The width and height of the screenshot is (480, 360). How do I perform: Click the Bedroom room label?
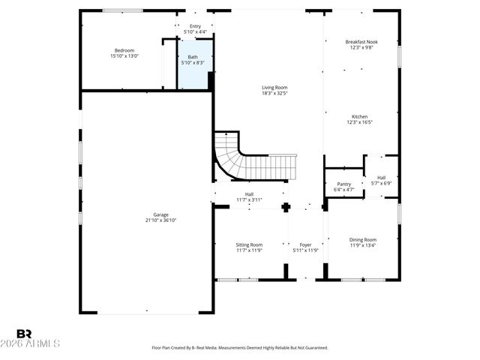pyautogui.click(x=124, y=50)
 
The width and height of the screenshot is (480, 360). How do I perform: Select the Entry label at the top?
pyautogui.click(x=195, y=26)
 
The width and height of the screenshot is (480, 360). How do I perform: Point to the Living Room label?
pyautogui.click(x=274, y=88)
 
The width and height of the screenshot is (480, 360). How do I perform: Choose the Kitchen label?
pyautogui.click(x=360, y=116)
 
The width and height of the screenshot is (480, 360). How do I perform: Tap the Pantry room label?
pyautogui.click(x=343, y=184)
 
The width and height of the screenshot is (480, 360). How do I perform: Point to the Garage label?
pyautogui.click(x=160, y=214)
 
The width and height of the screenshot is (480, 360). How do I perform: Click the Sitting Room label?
pyautogui.click(x=249, y=244)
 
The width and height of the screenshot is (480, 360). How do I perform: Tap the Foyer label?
pyautogui.click(x=305, y=244)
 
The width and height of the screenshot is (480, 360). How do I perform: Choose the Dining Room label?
pyautogui.click(x=362, y=240)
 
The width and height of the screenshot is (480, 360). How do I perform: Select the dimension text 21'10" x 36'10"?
pyautogui.click(x=160, y=220)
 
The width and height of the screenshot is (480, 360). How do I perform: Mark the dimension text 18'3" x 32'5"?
pyautogui.click(x=274, y=93)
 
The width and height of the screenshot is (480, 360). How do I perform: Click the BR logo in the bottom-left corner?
pyautogui.click(x=24, y=334)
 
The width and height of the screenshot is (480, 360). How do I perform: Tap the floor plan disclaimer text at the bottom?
pyautogui.click(x=240, y=348)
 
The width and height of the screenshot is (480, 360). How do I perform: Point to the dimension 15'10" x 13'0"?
pyautogui.click(x=124, y=55)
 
